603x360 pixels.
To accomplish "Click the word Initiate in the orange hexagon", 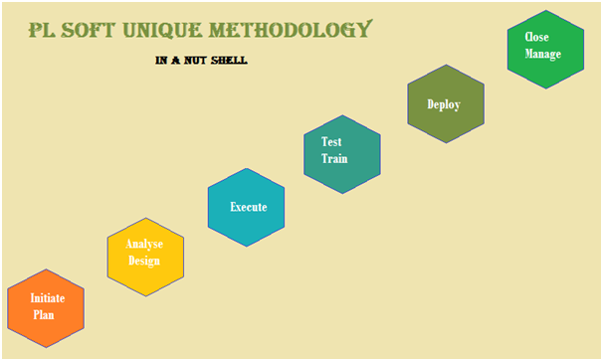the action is (48, 298).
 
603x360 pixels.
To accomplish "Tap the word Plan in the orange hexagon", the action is (44, 314).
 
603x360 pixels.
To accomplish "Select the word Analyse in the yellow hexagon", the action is (144, 244).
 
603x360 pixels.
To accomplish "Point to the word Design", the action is (144, 261).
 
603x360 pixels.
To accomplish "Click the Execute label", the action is (249, 207).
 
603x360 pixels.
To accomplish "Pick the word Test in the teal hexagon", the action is (331, 142).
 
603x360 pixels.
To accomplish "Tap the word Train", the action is (334, 159).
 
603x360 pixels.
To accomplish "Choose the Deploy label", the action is (444, 104).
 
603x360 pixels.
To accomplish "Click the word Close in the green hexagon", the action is (537, 37).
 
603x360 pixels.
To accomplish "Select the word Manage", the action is (543, 54).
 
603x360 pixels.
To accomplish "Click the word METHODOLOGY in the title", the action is (291, 29).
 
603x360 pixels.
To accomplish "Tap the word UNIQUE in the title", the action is (162, 30).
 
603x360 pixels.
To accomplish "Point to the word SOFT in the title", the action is (89, 30).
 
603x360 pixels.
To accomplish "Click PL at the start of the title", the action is (42, 30).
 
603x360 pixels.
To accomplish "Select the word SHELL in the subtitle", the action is (229, 61).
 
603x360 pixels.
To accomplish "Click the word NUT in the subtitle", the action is (195, 61).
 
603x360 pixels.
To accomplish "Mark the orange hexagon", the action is (46, 308).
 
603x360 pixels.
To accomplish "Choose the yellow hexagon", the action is (145, 257).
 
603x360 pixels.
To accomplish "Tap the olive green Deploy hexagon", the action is (446, 103).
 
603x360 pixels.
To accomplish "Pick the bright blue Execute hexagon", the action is (246, 207).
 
